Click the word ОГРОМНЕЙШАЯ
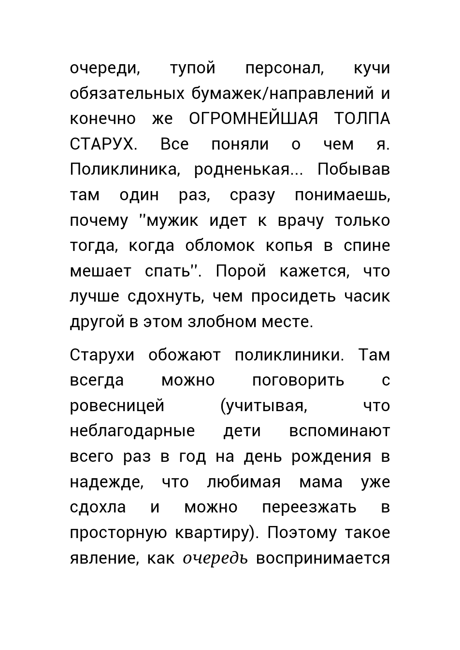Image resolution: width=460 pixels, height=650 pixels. [254, 119]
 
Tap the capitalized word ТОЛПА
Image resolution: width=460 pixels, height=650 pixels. [362, 119]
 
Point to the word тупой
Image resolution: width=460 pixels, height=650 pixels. [193, 68]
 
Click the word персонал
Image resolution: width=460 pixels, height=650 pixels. [285, 68]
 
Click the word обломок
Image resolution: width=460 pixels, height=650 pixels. [220, 246]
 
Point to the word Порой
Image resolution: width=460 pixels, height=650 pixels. [241, 271]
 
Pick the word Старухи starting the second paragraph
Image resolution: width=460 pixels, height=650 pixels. [102, 355]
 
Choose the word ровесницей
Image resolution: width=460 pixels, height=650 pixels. [117, 406]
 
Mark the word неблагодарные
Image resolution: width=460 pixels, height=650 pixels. [132, 431]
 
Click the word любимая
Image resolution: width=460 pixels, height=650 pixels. [244, 482]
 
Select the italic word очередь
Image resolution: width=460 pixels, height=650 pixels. [216, 558]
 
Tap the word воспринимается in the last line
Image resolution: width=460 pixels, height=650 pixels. [323, 558]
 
